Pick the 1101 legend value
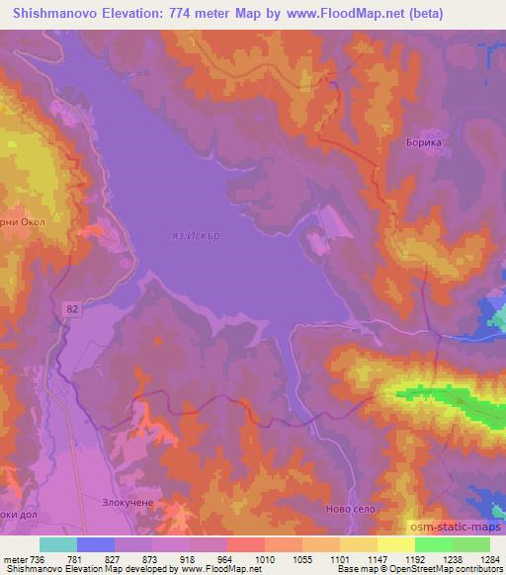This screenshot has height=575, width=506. pos(356,560)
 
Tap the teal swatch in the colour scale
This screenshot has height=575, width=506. pos(58,544)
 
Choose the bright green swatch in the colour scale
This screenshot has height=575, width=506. pos(434,544)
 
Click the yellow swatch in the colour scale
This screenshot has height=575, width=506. pos(396,544)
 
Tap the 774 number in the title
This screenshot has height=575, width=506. pos(186,13)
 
